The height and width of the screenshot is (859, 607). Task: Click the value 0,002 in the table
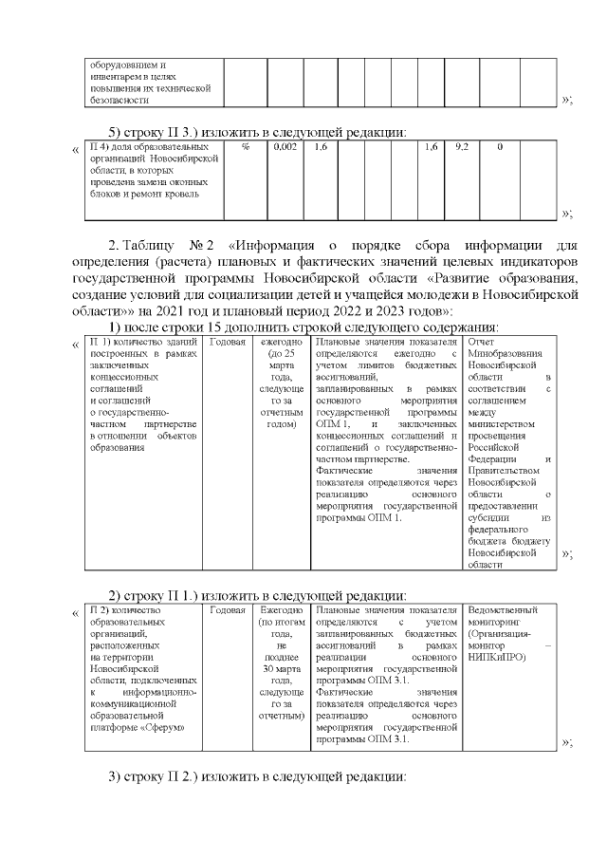(x=285, y=148)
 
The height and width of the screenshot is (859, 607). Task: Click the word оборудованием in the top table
(x=119, y=65)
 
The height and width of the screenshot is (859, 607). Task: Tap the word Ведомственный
(x=503, y=610)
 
